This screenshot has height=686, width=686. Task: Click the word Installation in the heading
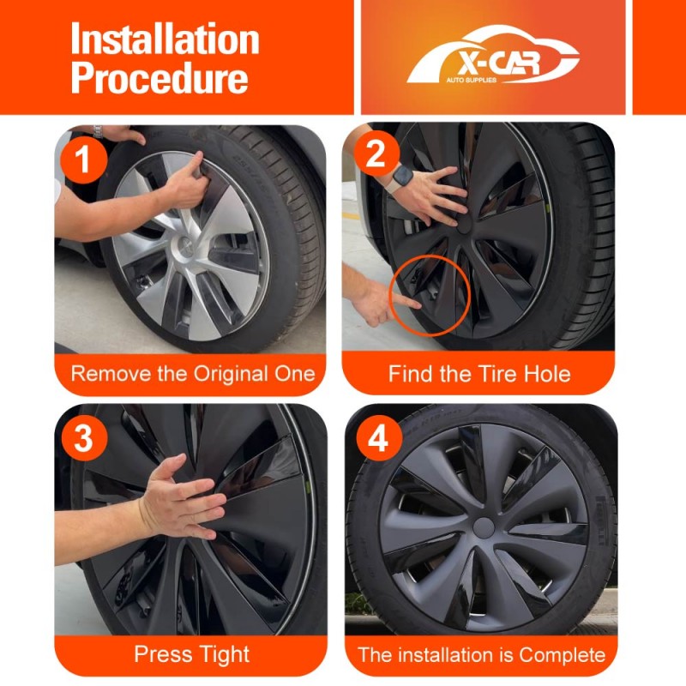(x=165, y=39)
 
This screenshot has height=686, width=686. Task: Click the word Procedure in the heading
(x=159, y=77)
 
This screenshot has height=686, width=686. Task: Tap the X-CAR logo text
(x=498, y=64)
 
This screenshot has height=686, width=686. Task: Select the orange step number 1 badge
(x=83, y=159)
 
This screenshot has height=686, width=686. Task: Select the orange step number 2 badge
(x=376, y=153)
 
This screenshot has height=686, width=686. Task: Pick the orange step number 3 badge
(x=84, y=438)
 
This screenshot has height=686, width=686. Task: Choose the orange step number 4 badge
(x=379, y=438)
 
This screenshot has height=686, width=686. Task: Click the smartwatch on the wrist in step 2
(x=401, y=178)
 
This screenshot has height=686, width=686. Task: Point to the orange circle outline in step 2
(x=391, y=294)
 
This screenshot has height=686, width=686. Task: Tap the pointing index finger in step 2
(x=405, y=301)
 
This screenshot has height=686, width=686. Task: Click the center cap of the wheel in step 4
(x=484, y=528)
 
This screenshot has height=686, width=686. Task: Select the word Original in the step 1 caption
(x=230, y=374)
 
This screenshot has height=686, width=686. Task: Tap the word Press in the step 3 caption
(x=162, y=654)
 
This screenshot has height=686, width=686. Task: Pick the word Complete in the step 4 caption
(x=563, y=655)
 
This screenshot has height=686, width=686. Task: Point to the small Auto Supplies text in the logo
(x=471, y=80)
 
